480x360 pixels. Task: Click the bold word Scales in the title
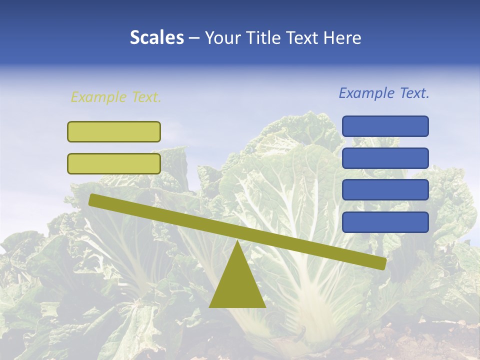[x=156, y=37]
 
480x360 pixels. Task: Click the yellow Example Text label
[x=116, y=97]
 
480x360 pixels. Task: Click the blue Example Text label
[x=384, y=93]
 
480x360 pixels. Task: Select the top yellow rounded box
[x=114, y=131]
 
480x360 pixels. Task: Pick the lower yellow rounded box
[x=114, y=163]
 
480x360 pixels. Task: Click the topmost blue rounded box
[x=385, y=126]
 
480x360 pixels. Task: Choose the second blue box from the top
[x=385, y=158]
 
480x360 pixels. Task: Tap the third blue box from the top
[x=385, y=190]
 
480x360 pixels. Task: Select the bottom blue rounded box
[x=385, y=222]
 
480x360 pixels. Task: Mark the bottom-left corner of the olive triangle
[x=210, y=306]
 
